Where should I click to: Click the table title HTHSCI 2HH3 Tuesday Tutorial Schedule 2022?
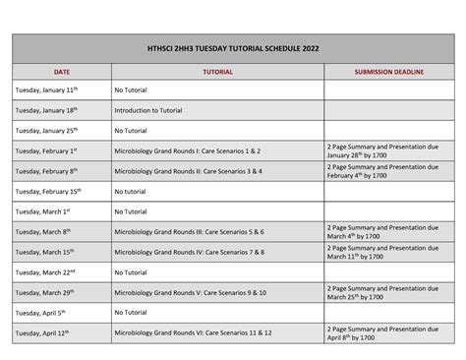point(233,48)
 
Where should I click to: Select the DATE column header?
point(61,72)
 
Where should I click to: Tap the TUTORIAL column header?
point(217,72)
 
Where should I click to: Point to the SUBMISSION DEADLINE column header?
point(388,72)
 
